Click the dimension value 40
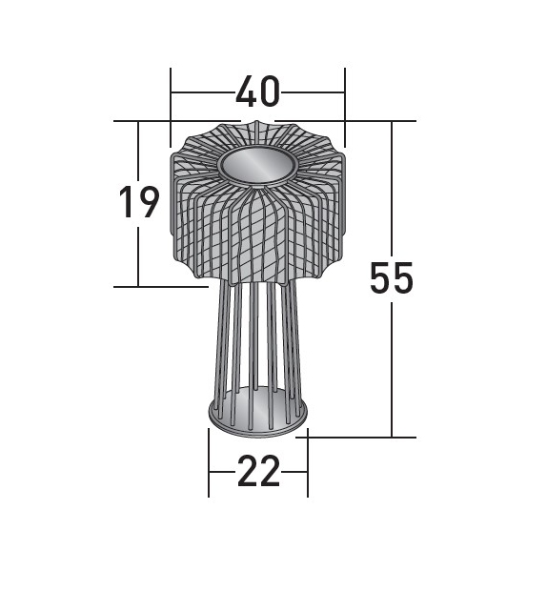257,92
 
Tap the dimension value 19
138,203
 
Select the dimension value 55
392,278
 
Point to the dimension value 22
258,471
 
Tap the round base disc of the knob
258,417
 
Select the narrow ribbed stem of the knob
257,334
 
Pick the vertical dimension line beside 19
138,257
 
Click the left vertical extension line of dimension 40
171,95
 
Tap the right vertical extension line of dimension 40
345,95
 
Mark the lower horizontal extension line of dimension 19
162,286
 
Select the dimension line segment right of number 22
295,471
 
